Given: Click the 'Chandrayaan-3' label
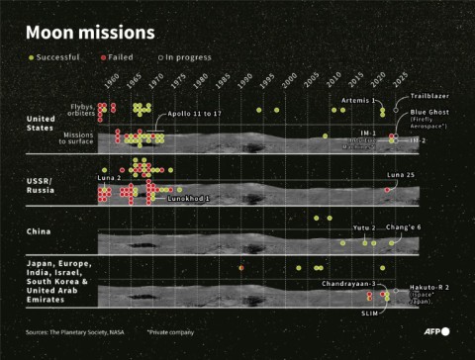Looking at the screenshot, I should (x=348, y=284).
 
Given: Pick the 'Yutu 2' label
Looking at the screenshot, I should (x=364, y=227).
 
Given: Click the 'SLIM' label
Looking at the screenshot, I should (x=370, y=312).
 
